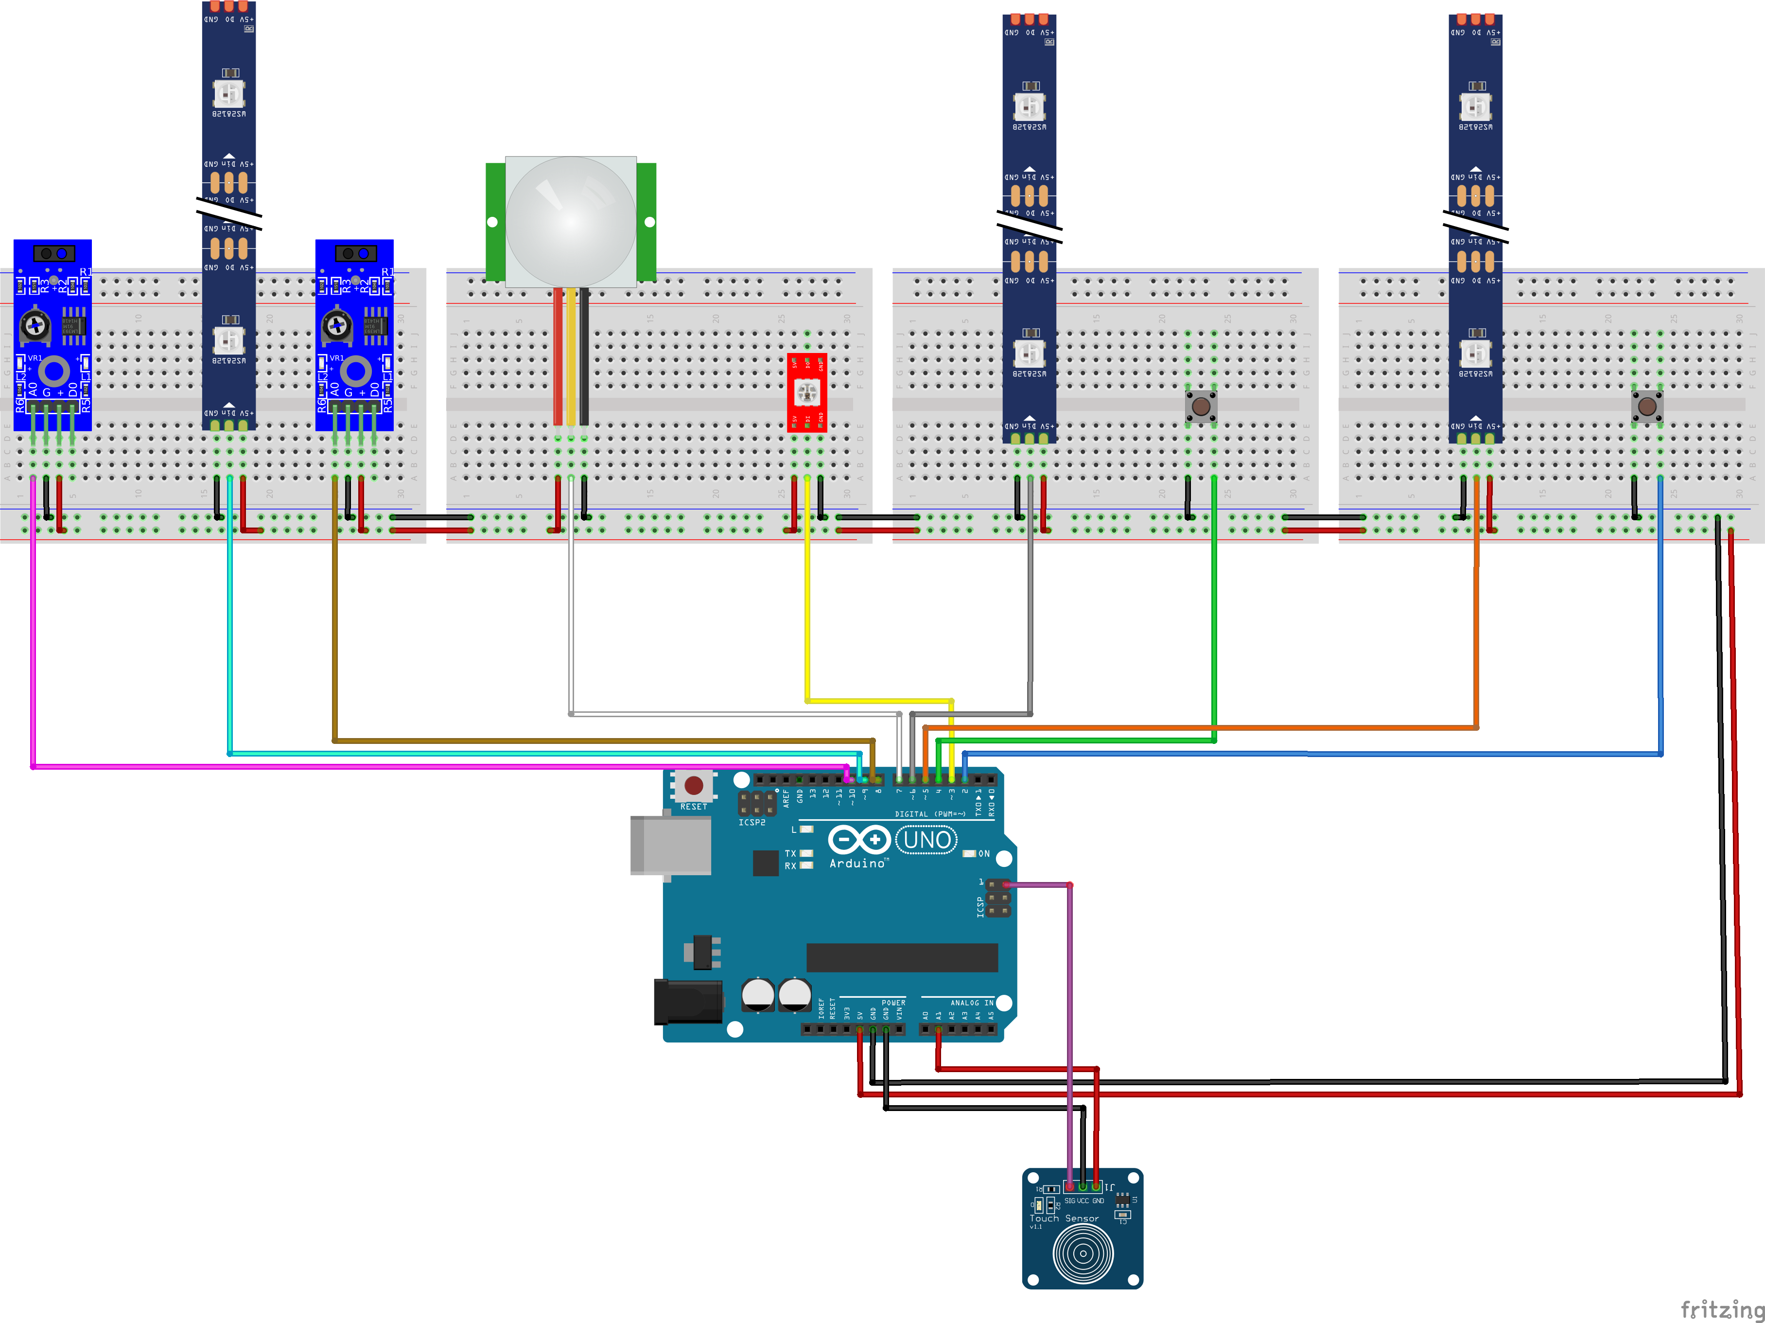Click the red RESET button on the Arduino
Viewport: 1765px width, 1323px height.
[x=693, y=785]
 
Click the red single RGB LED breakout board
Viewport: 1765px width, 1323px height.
[x=807, y=392]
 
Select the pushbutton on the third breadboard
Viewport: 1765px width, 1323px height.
[x=1201, y=406]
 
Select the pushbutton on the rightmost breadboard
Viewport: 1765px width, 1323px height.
[x=1647, y=406]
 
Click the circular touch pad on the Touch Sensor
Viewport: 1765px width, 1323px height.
[x=1083, y=1253]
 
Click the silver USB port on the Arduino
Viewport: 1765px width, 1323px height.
[x=670, y=844]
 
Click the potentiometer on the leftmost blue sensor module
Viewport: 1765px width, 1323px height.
[x=35, y=325]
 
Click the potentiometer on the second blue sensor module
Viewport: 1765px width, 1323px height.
[x=337, y=325]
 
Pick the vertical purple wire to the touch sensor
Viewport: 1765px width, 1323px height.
[x=1069, y=1037]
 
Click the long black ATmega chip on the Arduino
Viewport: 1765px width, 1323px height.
[x=902, y=957]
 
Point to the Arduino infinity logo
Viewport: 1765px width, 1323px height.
[x=858, y=839]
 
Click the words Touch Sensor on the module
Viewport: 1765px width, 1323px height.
[x=1064, y=1218]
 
